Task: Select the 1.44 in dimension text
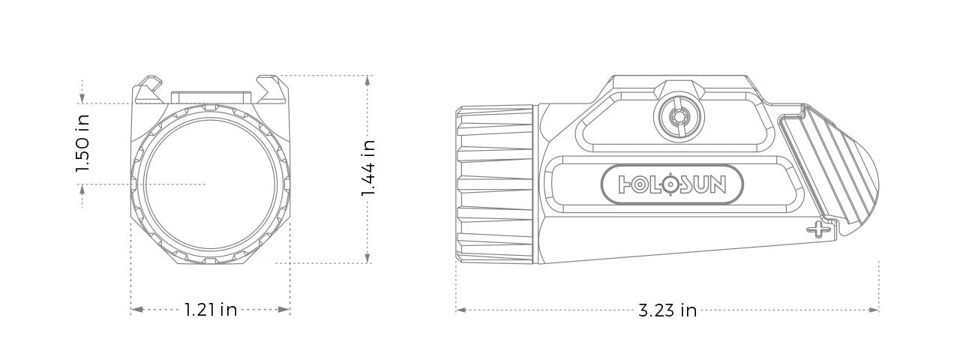click(x=367, y=168)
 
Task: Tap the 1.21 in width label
click(x=211, y=309)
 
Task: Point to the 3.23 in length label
click(x=667, y=310)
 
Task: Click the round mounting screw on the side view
click(x=679, y=117)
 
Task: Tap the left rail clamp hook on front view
click(x=149, y=86)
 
